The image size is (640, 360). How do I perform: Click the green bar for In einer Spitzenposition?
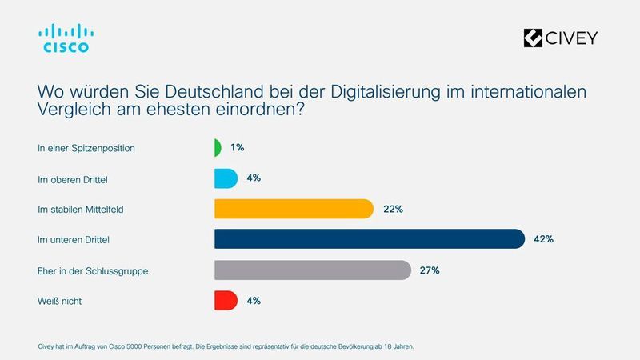coord(218,148)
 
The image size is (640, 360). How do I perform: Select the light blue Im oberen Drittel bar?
coord(226,178)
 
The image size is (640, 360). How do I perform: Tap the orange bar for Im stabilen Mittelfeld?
coord(294,209)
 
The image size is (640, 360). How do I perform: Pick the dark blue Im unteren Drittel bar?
coord(369,239)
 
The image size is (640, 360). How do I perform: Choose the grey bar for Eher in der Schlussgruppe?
coord(312,270)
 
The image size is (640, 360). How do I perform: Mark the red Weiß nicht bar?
coord(226,301)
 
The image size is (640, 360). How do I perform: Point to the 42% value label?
coord(543,239)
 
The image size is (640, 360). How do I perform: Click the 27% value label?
coord(430,270)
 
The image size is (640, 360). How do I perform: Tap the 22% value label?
coord(392,209)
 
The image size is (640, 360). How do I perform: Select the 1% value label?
coord(237,148)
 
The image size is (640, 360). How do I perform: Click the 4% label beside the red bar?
coord(254,301)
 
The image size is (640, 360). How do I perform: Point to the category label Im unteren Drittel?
coord(73,240)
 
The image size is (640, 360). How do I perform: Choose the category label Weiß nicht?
coord(59,302)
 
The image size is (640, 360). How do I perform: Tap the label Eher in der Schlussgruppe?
coord(93,271)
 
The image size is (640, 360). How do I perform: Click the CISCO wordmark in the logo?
coord(66,47)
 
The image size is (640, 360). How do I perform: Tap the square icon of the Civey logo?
coord(533,38)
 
